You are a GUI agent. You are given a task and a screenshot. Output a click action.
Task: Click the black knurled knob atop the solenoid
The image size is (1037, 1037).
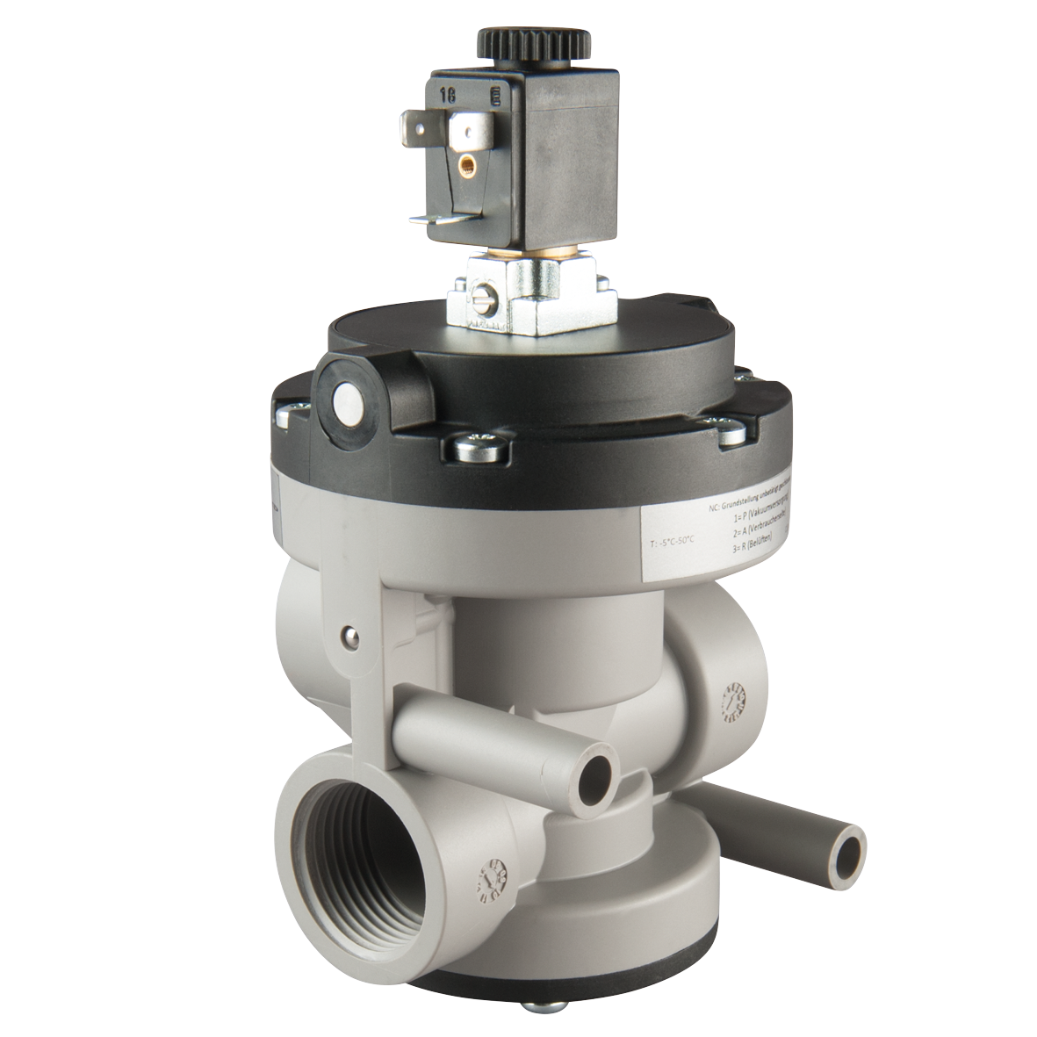(x=507, y=43)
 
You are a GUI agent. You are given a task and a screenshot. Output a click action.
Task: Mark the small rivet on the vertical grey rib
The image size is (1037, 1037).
(x=350, y=630)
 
